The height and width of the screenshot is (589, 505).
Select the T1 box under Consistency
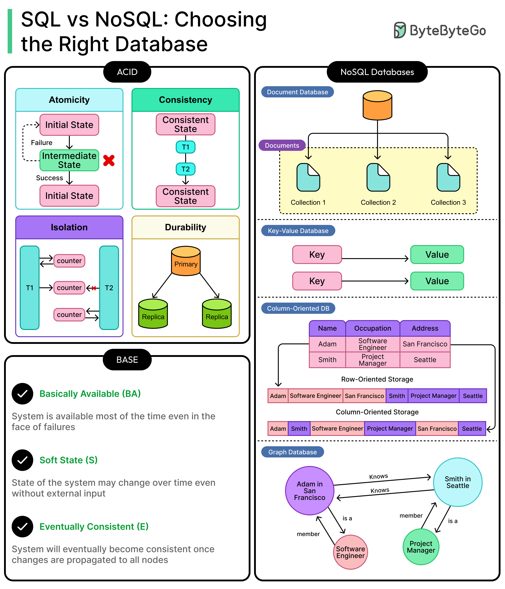coord(185,147)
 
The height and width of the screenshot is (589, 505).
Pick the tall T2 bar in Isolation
coord(109,288)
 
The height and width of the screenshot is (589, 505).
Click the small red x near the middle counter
coord(94,288)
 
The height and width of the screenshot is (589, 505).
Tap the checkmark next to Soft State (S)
coord(22,460)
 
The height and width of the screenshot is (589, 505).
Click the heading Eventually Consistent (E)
coord(94,526)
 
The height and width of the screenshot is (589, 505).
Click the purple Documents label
coord(282,145)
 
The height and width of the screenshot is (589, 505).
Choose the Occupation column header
coord(372,328)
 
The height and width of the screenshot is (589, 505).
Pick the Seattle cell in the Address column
coord(425,360)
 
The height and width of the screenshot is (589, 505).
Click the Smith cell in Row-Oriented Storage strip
coord(397,396)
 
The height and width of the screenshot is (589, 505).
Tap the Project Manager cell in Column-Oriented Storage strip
coord(390,428)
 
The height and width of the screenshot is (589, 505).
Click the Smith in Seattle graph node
coord(458,482)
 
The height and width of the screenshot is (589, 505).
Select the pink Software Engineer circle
coord(350,552)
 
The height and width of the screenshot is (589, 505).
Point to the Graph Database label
coord(292,452)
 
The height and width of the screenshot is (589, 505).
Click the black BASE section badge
coord(127,360)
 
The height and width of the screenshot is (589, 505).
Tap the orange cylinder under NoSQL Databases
coord(377,105)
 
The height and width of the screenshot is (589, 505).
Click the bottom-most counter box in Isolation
coord(69,315)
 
